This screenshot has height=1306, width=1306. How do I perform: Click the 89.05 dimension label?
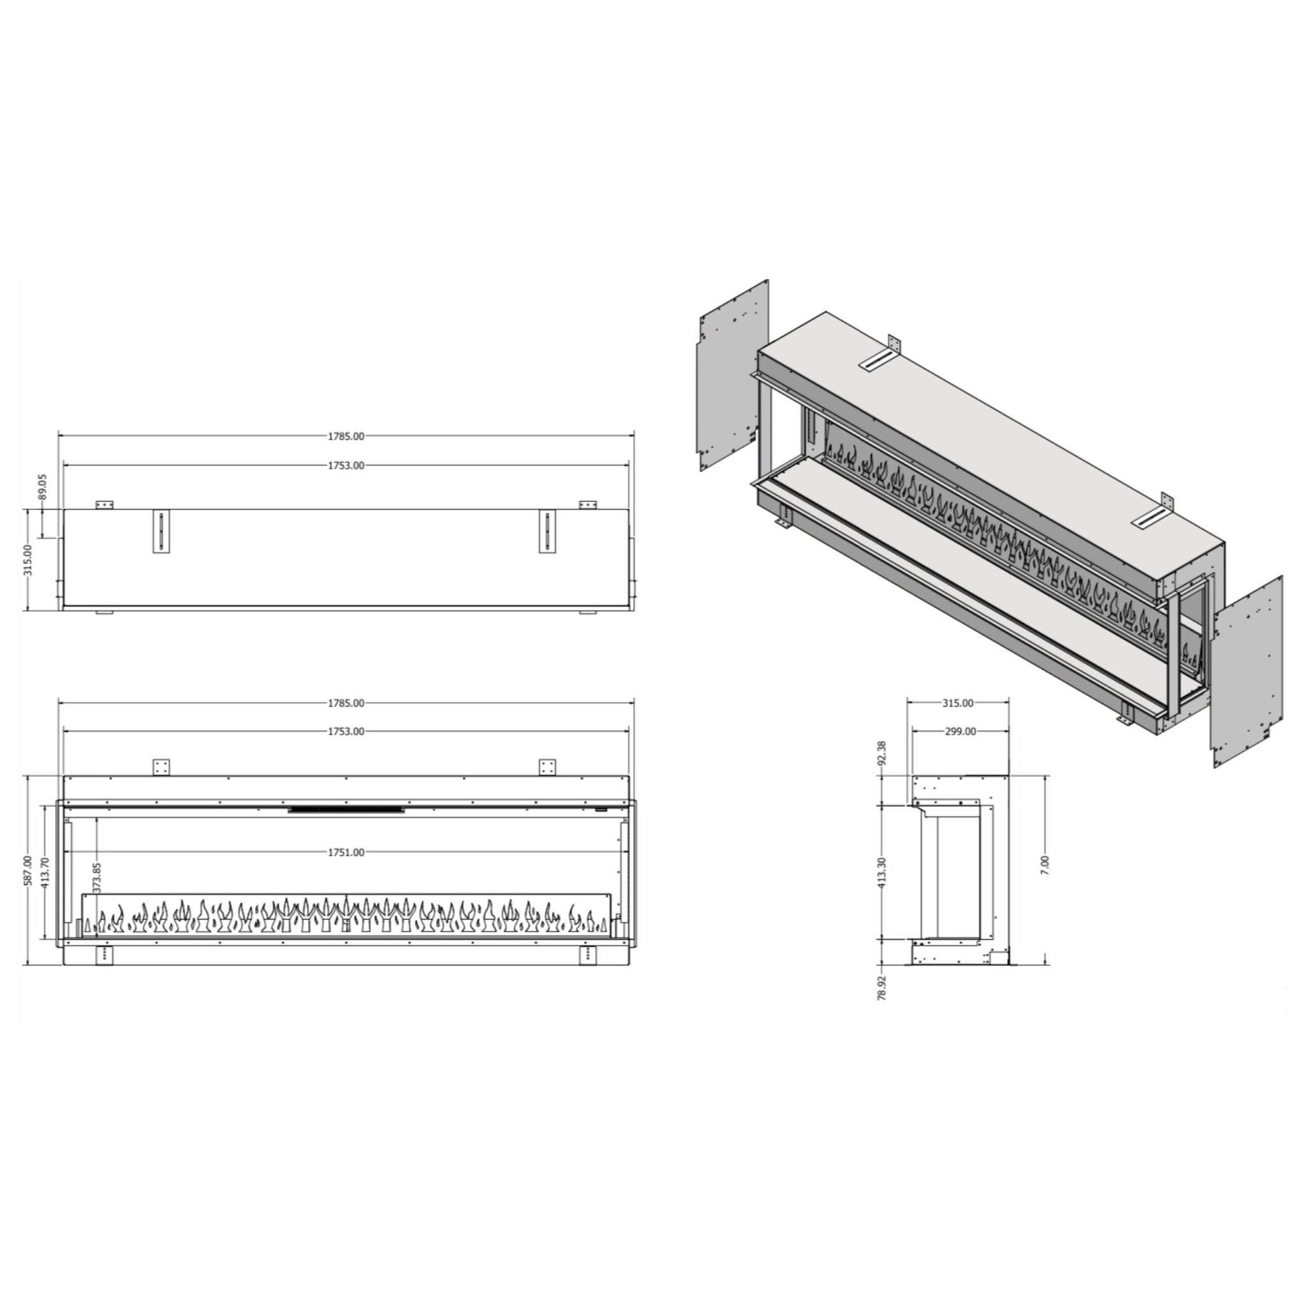tap(43, 486)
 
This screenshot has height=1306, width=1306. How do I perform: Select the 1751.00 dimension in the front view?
tap(346, 853)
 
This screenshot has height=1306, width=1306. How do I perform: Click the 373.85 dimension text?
tap(97, 877)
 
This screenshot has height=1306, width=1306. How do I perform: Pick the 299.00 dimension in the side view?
tap(959, 731)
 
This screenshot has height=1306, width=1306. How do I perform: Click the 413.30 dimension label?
tap(881, 872)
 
